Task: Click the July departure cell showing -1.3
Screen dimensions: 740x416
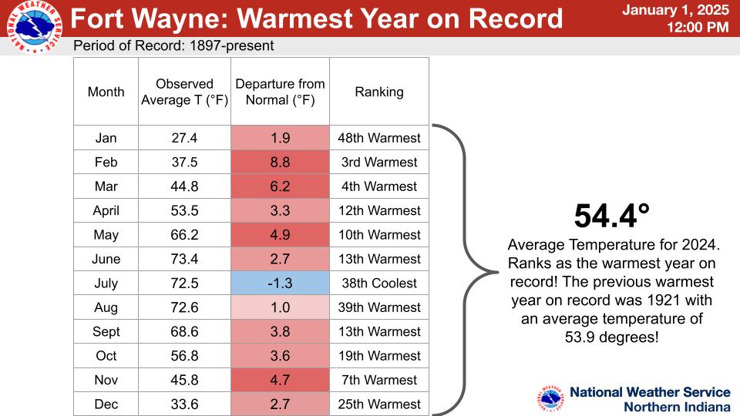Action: click(280, 283)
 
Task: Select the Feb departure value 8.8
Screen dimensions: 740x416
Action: click(280, 163)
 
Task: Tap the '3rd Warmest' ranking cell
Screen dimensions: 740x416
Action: click(379, 163)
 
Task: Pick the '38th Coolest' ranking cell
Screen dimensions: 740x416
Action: click(379, 283)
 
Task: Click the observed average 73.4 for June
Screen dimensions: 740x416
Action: click(184, 259)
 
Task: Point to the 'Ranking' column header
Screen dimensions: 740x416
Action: click(379, 92)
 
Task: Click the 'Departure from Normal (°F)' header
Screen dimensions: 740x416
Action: click(281, 92)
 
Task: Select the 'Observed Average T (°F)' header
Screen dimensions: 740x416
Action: click(184, 92)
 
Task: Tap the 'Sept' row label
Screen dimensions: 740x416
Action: click(106, 331)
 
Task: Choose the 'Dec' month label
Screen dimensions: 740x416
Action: click(106, 404)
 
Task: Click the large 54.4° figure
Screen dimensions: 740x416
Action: click(611, 216)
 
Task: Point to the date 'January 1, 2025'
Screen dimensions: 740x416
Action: click(676, 10)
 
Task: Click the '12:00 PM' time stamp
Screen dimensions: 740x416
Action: click(698, 28)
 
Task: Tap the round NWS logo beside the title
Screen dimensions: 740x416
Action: click(35, 27)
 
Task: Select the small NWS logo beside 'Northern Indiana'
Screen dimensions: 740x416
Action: click(550, 398)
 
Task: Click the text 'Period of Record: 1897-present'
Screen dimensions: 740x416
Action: click(173, 45)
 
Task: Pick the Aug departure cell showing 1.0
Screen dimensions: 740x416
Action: click(280, 307)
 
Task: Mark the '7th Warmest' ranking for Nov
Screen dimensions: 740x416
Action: click(379, 380)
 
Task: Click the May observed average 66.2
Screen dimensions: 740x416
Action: click(184, 235)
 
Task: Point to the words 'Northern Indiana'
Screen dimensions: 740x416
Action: click(678, 407)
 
